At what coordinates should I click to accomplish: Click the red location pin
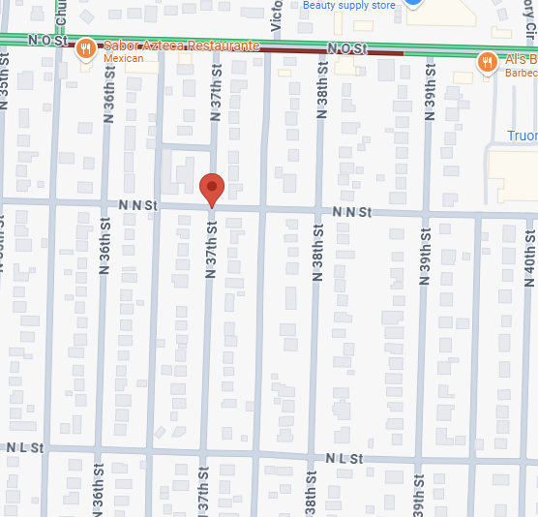point(212,190)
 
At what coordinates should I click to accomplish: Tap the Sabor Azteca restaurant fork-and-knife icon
point(85,48)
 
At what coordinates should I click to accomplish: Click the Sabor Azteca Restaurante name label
point(184,46)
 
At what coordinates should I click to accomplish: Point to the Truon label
point(523,137)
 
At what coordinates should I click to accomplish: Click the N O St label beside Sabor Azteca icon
point(46,41)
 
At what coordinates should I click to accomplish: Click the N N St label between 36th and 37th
point(138,205)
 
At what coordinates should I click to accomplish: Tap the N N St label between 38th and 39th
point(351,211)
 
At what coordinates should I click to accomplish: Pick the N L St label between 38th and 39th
point(344,458)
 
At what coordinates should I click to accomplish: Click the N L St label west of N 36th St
point(25,447)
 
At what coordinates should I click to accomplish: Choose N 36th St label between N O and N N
point(107,97)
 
